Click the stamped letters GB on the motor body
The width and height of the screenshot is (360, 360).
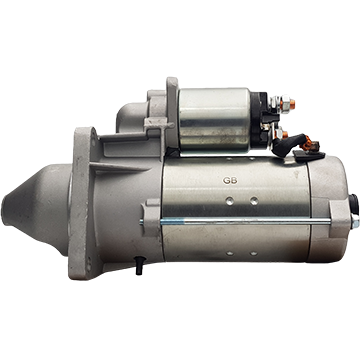pos(230,181)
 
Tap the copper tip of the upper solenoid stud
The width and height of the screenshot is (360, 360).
pos(292,105)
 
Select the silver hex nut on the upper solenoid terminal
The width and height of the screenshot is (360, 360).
pos(284,104)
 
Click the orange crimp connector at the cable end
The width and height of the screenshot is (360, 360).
pos(308,145)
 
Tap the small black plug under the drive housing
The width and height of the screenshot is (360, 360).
pos(139,266)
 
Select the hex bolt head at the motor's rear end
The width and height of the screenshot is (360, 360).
pos(355,222)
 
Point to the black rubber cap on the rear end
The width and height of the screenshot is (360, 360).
pos(353,204)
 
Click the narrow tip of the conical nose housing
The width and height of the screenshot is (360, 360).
pos(5,210)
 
